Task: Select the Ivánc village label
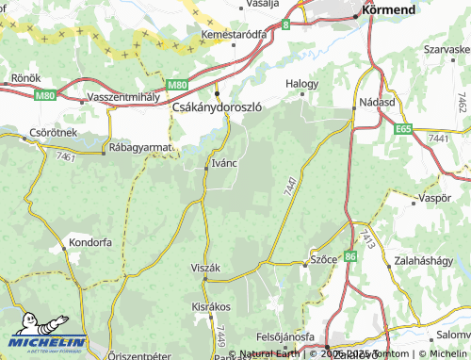pyautogui.click(x=224, y=162)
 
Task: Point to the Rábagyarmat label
pyautogui.click(x=142, y=147)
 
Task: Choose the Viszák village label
pyautogui.click(x=205, y=269)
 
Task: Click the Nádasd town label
pyautogui.click(x=376, y=101)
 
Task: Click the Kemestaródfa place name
pyautogui.click(x=235, y=34)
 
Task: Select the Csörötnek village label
pyautogui.click(x=53, y=133)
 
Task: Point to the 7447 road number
pyautogui.click(x=288, y=186)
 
